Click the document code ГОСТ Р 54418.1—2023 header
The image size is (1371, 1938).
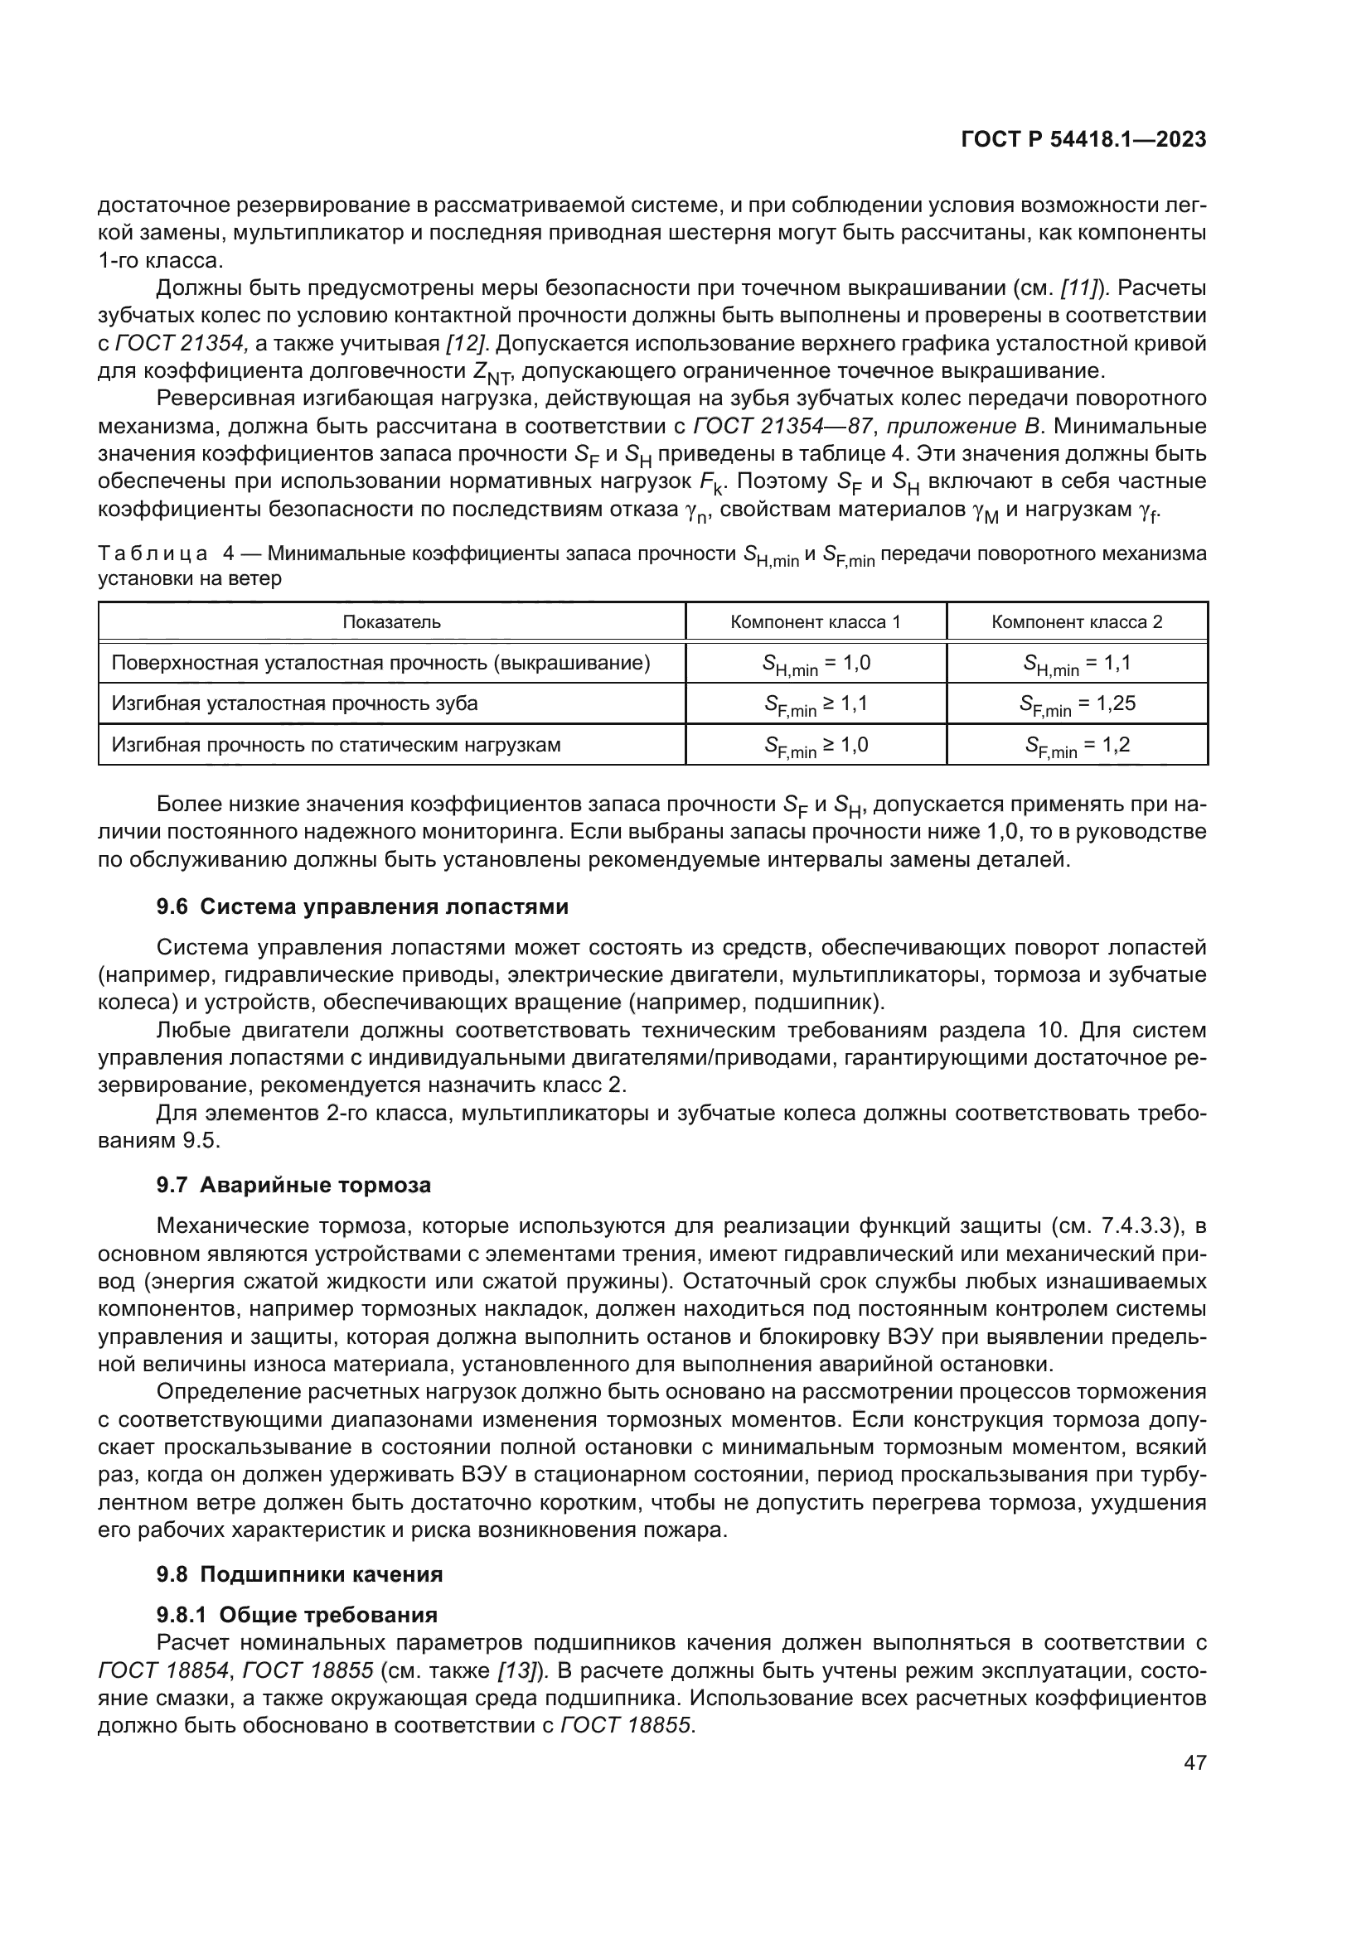click(1083, 140)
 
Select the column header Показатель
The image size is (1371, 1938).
click(392, 622)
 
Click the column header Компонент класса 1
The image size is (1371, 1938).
click(815, 622)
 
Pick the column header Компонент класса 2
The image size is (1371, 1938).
click(1077, 622)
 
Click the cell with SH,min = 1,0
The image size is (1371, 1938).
click(816, 665)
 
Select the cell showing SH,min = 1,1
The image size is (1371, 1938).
click(1077, 665)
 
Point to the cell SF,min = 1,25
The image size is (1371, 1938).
click(1077, 705)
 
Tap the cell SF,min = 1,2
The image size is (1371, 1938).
click(1077, 746)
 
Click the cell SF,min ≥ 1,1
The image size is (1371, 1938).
click(816, 705)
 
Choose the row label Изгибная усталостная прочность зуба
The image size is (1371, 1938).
click(294, 703)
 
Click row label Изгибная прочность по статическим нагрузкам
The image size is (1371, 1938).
click(336, 745)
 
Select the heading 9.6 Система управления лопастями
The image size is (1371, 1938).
click(362, 906)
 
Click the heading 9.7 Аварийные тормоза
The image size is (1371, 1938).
click(293, 1185)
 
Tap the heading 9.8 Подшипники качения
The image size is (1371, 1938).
click(300, 1574)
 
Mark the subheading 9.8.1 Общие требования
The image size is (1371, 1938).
click(298, 1615)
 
